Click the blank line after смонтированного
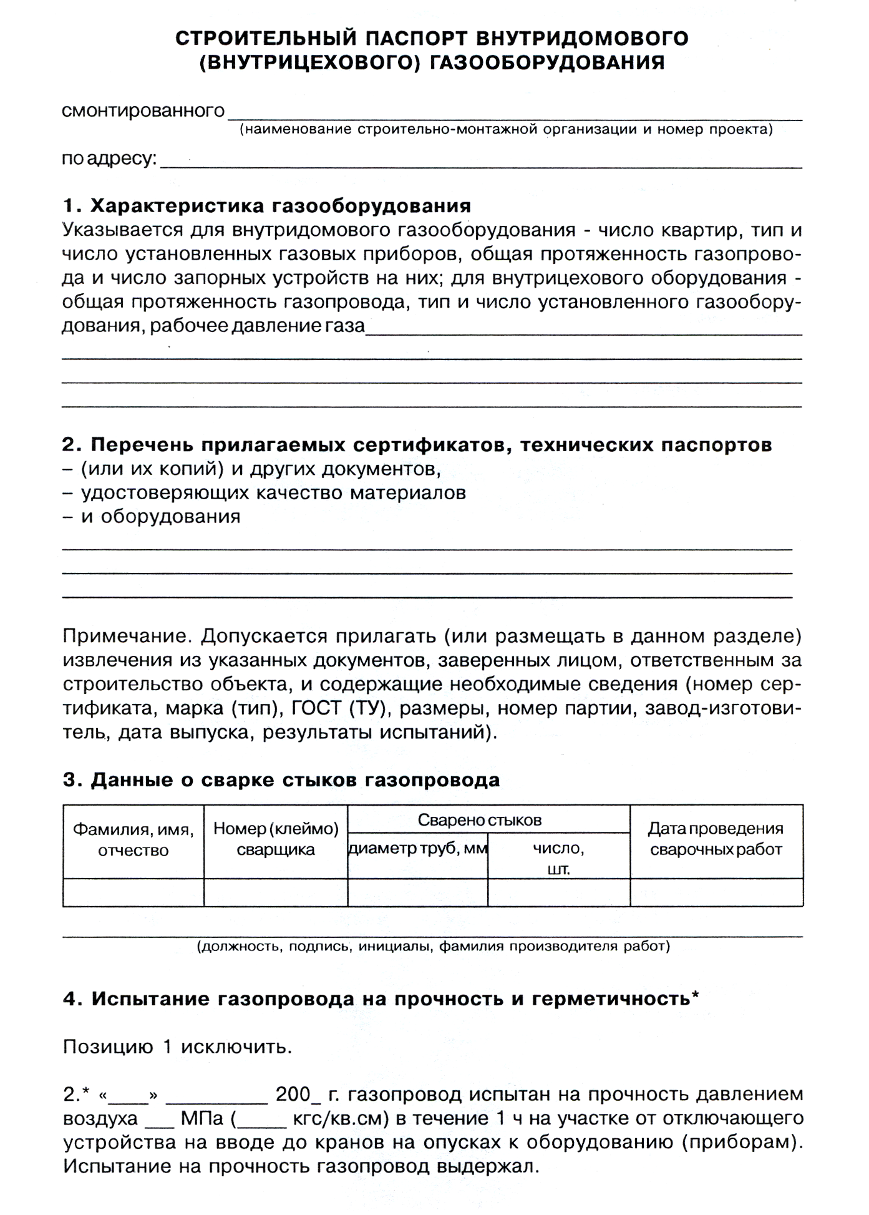click(515, 115)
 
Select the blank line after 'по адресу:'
click(480, 164)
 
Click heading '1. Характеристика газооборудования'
click(267, 206)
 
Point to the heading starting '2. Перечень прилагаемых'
click(417, 445)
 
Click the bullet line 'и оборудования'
click(160, 517)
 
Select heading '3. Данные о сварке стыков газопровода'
click(281, 780)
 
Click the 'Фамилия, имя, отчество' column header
click(134, 840)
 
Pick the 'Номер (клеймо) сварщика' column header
click(276, 839)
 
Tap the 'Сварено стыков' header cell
click(479, 820)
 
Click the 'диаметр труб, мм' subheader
click(418, 849)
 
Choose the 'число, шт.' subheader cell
click(558, 858)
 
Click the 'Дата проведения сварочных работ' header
click(716, 839)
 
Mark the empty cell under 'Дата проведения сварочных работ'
click(716, 892)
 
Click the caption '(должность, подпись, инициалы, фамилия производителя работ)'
click(433, 947)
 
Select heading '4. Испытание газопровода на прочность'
click(381, 999)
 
